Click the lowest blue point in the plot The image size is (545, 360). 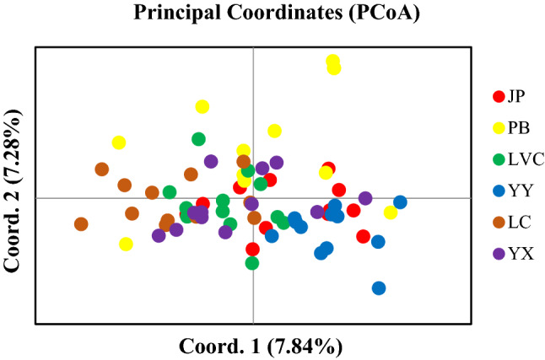tap(379, 288)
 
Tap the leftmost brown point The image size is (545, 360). tap(81, 224)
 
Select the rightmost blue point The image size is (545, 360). tap(400, 202)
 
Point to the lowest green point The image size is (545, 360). tap(251, 263)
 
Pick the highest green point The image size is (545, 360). tap(198, 139)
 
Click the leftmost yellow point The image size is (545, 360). tap(119, 142)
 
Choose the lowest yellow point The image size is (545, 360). tap(126, 244)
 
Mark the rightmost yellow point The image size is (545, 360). tap(391, 212)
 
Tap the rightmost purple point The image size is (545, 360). tap(365, 198)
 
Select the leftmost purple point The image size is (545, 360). tap(159, 235)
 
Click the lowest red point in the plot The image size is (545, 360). tap(252, 249)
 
